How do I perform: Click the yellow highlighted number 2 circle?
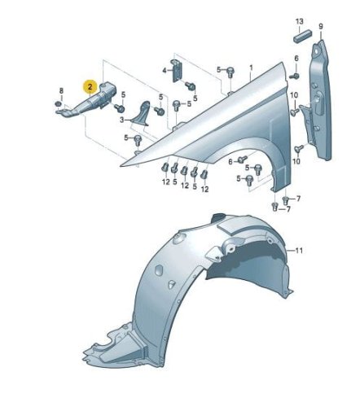coord(90,87)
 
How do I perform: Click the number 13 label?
coord(299,21)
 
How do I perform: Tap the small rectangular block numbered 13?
coord(302,36)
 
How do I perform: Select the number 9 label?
coord(321,26)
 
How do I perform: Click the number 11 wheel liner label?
coord(299,250)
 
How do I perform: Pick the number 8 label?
coord(61,90)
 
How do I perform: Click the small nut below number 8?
coord(58,103)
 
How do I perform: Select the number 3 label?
coord(122,120)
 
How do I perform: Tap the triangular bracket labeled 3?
coord(141,113)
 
